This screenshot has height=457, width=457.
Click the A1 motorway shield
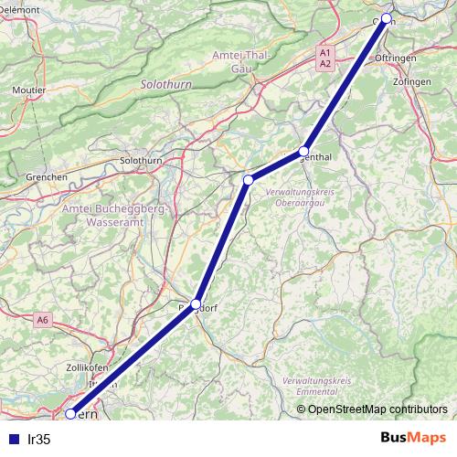(325, 53)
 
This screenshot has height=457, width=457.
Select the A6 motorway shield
(43, 320)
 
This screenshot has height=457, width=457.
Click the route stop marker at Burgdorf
(196, 303)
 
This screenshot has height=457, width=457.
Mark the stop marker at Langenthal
(304, 152)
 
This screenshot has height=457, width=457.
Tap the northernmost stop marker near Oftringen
(387, 18)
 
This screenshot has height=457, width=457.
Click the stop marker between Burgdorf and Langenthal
(248, 180)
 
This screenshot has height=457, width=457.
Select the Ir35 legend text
(39, 440)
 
